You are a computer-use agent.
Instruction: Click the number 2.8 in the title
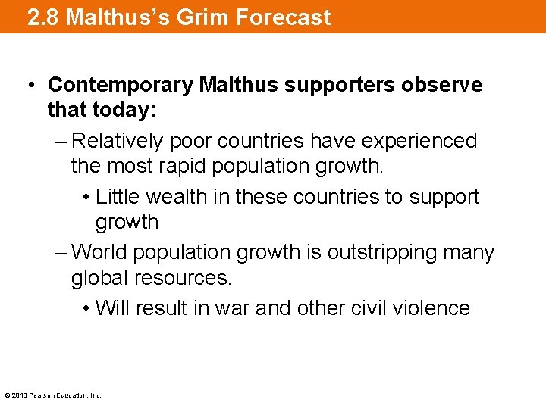click(42, 17)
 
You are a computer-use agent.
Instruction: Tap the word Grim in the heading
click(199, 17)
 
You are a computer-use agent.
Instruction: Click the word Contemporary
click(119, 85)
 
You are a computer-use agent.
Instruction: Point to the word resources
click(181, 278)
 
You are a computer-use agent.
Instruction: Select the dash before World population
click(60, 252)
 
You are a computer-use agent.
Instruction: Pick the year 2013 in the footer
click(19, 395)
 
